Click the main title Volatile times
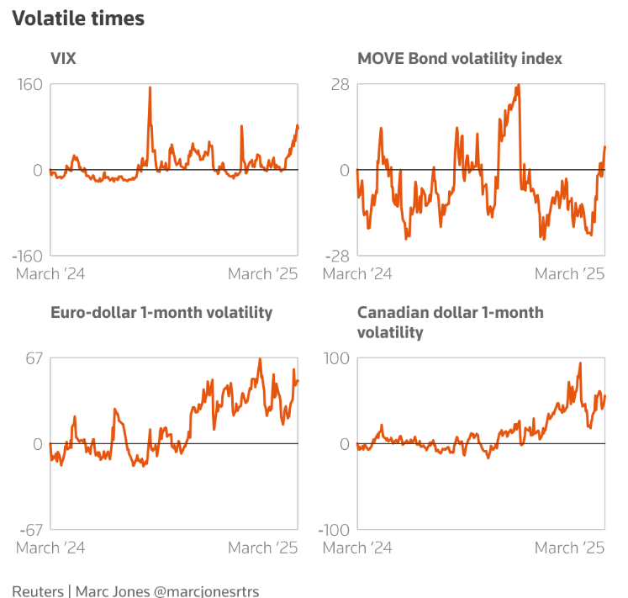78,19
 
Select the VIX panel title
64,58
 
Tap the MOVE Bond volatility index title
460,58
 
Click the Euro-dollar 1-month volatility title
161,312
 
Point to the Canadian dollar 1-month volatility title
450,322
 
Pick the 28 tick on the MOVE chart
339,85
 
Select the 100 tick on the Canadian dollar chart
336,359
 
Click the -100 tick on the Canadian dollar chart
333,529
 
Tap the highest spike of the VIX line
150,87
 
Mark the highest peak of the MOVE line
518,85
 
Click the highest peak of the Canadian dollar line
580,363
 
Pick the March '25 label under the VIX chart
262,274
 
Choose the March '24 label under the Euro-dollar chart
51,548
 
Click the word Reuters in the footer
37,590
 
